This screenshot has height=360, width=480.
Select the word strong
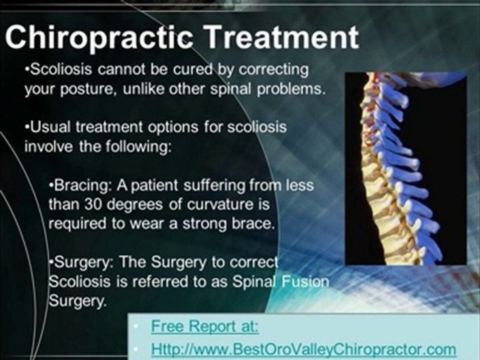[x=204, y=224]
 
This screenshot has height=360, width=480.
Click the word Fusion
[x=305, y=281]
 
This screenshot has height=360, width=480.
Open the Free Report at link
[x=205, y=326]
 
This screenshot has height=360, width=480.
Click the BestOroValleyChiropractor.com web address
[x=303, y=349]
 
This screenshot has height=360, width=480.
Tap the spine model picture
[x=406, y=168]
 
